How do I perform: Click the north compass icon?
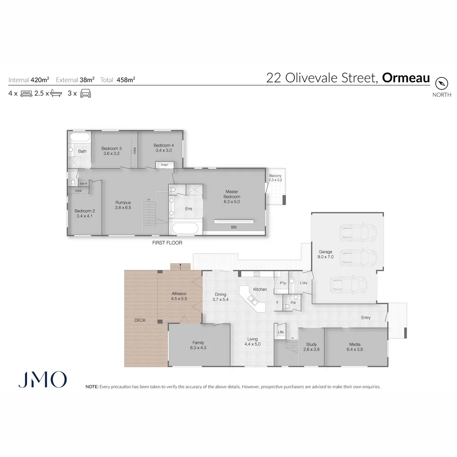441,83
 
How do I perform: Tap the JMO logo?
42,380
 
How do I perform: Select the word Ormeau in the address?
406,78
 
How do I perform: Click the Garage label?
325,252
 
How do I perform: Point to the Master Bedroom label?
232,194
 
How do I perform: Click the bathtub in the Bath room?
80,137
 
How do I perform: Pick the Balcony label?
275,176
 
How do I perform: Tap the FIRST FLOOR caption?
167,243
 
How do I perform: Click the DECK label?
140,320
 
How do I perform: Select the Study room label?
311,344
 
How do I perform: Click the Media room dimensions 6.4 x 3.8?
355,350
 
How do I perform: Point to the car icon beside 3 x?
85,94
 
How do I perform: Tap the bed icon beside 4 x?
26,94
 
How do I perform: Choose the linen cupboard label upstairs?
164,165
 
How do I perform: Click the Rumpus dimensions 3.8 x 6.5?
123,208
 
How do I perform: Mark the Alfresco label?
179,293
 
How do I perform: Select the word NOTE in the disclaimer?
91,387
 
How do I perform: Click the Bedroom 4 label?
163,145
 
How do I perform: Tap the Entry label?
366,318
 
